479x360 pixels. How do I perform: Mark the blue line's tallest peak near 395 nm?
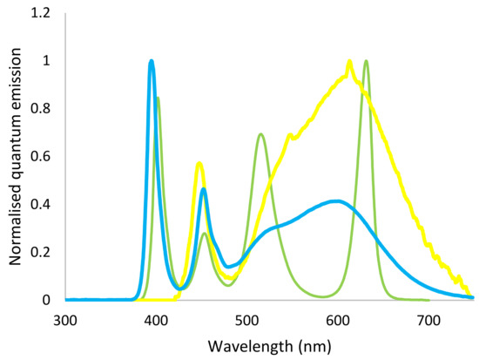tap(152, 62)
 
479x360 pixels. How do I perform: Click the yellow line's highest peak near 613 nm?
tap(350, 62)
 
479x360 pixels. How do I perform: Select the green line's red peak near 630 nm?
tap(366, 62)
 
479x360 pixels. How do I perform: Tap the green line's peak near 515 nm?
tap(261, 134)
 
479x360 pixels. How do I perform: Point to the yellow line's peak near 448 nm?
tap(199, 163)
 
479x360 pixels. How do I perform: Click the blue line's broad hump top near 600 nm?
tap(337, 201)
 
